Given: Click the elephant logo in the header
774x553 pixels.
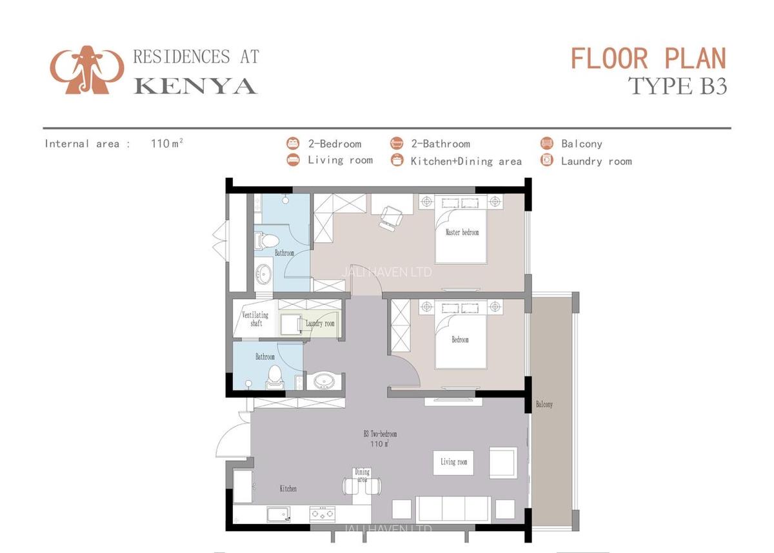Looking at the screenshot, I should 86,69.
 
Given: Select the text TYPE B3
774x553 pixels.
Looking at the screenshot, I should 677,86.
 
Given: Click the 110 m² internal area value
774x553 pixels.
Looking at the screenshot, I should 166,144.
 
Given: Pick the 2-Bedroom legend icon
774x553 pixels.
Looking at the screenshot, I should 293,144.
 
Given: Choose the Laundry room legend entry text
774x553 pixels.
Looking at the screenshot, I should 596,161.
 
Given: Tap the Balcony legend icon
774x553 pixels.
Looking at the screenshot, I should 547,144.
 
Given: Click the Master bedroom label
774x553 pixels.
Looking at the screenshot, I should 462,232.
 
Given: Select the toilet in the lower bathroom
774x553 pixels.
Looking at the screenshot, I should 275,376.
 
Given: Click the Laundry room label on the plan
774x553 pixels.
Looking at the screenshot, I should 321,324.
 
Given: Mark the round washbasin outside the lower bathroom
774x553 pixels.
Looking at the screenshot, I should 322,382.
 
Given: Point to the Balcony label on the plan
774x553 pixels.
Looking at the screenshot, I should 544,405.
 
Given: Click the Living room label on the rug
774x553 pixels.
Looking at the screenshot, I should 453,462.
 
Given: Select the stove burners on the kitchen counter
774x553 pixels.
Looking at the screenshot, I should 321,514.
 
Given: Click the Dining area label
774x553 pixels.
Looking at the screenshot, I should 362,476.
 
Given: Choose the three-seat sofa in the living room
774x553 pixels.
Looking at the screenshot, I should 454,509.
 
